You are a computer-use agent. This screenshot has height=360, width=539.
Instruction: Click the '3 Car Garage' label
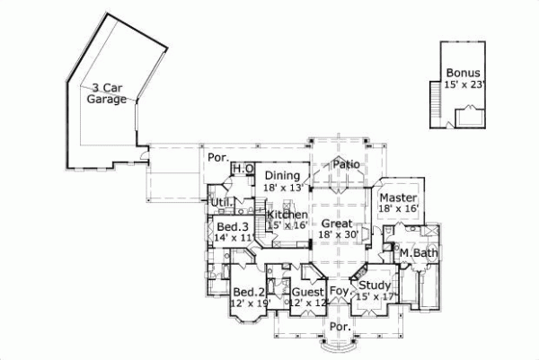(107, 93)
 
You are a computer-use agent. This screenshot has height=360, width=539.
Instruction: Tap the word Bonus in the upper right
(463, 73)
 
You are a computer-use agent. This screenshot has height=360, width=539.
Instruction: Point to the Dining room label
(282, 175)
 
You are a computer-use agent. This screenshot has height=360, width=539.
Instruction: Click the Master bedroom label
(395, 198)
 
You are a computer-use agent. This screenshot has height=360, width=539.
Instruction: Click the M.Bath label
(418, 254)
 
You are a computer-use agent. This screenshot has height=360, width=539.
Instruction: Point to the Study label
(375, 285)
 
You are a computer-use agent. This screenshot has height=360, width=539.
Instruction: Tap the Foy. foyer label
(339, 292)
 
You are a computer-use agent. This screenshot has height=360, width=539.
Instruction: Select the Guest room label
(307, 292)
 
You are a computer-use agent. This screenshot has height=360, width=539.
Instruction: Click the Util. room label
(221, 202)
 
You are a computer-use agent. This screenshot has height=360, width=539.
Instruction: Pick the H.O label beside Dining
(243, 170)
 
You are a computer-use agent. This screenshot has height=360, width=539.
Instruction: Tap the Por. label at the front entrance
(339, 326)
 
